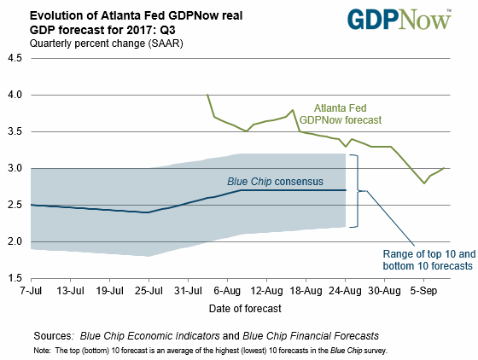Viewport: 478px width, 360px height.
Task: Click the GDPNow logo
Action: pyautogui.click(x=399, y=20)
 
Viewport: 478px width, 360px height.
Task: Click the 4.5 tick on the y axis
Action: pyautogui.click(x=15, y=58)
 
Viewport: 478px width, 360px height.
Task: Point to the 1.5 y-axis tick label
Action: pyautogui.click(x=15, y=278)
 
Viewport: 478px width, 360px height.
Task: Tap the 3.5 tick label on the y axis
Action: pyautogui.click(x=15, y=131)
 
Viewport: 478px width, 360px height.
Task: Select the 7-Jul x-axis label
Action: pyautogui.click(x=31, y=291)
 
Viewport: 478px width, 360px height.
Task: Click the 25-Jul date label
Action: pyautogui.click(x=149, y=291)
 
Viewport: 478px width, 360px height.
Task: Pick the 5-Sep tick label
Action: pyautogui.click(x=423, y=291)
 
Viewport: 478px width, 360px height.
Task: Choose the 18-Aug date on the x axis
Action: pyautogui.click(x=306, y=291)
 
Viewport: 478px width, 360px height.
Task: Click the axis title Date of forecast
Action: pyautogui.click(x=245, y=309)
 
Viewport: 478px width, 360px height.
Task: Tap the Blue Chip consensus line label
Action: pyautogui.click(x=275, y=182)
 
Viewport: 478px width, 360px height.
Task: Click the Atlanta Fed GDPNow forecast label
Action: pyautogui.click(x=341, y=114)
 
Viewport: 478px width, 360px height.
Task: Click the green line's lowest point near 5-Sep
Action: pyautogui.click(x=423, y=183)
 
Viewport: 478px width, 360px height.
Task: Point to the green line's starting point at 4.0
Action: pyautogui.click(x=207, y=95)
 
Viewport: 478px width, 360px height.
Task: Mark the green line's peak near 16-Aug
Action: pyautogui.click(x=293, y=110)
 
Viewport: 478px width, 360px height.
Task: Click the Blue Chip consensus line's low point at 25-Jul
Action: pyautogui.click(x=149, y=212)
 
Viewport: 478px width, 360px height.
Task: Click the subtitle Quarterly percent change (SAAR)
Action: pyautogui.click(x=107, y=44)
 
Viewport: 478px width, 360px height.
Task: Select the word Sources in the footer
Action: pyautogui.click(x=54, y=336)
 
